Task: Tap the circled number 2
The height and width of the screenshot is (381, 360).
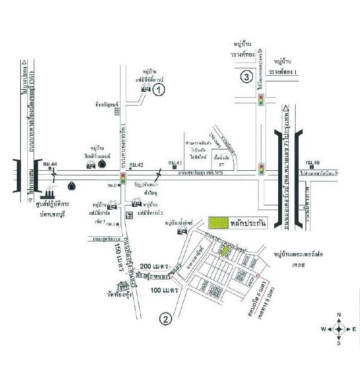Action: (166, 318)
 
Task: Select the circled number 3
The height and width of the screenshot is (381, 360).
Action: (247, 77)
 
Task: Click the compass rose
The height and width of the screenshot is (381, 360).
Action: (339, 329)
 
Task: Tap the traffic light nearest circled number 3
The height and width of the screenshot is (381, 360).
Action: (261, 101)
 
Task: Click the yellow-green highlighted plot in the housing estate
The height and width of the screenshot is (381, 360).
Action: (223, 250)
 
